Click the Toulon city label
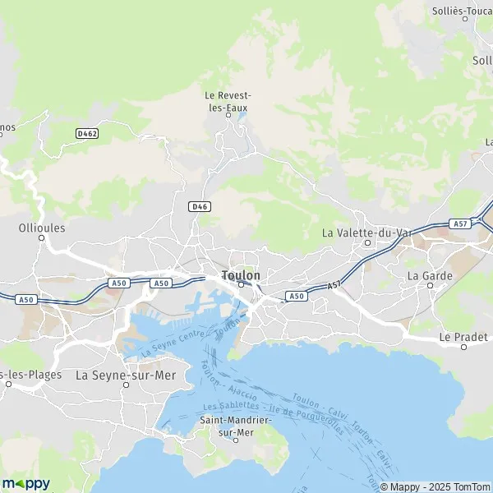tap(241, 275)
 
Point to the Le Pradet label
tap(463, 337)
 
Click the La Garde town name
tap(430, 275)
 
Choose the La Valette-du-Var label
tap(366, 233)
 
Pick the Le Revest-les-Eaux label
tap(227, 100)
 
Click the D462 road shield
tap(86, 132)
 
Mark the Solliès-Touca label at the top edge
tap(462, 12)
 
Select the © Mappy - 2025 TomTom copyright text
tap(434, 485)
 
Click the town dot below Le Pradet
tap(463, 347)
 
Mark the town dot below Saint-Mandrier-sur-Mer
tap(236, 440)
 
